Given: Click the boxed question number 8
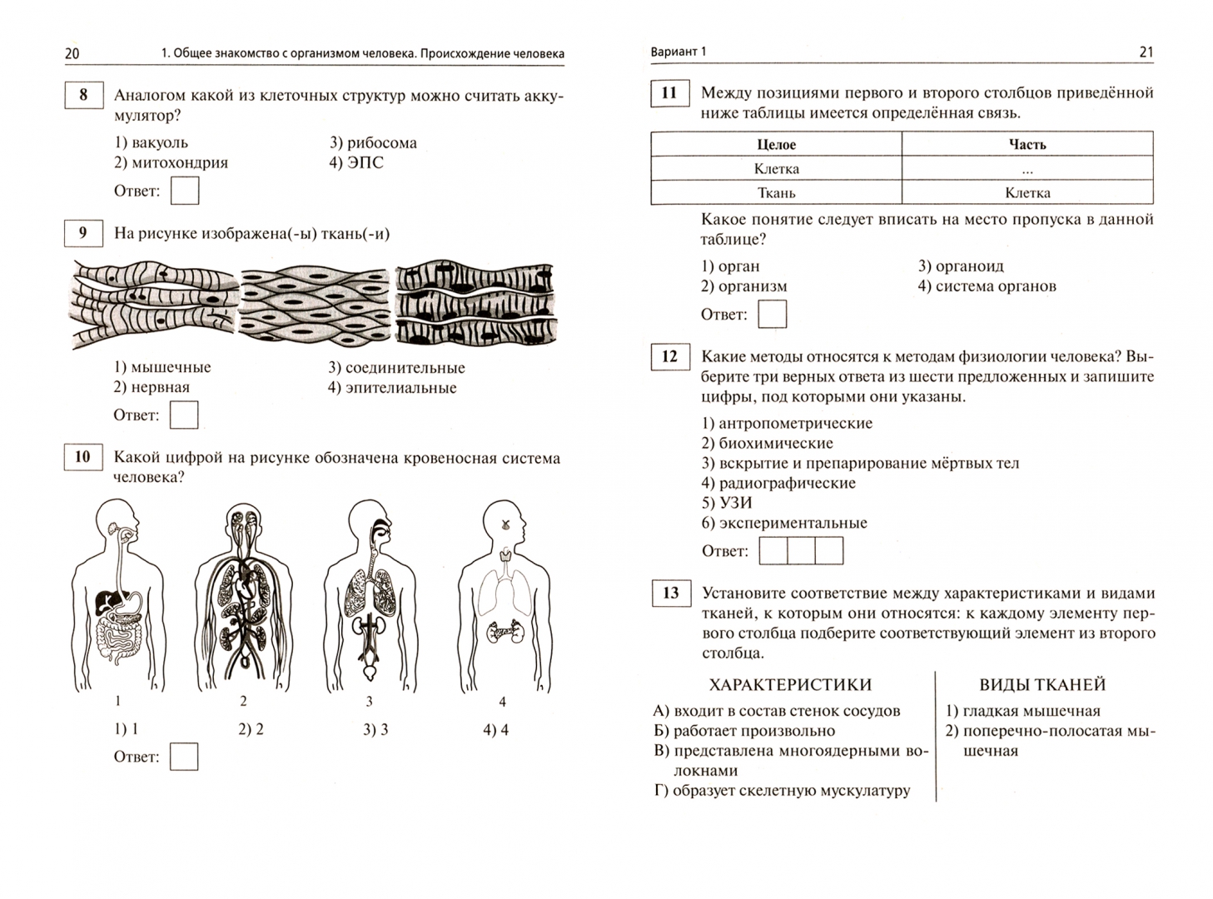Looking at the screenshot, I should point(83,95).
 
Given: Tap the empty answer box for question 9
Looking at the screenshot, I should point(183,415).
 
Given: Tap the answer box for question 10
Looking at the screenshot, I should point(183,757).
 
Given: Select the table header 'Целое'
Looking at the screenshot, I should point(776,145).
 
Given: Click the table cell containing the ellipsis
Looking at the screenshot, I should point(1027,169).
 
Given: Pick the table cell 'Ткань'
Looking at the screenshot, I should point(776,193).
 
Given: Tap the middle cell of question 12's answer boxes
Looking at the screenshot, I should point(801,551).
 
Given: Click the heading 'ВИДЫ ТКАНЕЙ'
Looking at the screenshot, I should point(1042,685).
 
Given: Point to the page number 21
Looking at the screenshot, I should point(1146,52).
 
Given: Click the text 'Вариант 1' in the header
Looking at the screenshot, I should point(678,52).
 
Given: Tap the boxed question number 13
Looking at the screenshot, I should point(670,594).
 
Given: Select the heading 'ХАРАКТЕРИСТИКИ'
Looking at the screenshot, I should point(790,685).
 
